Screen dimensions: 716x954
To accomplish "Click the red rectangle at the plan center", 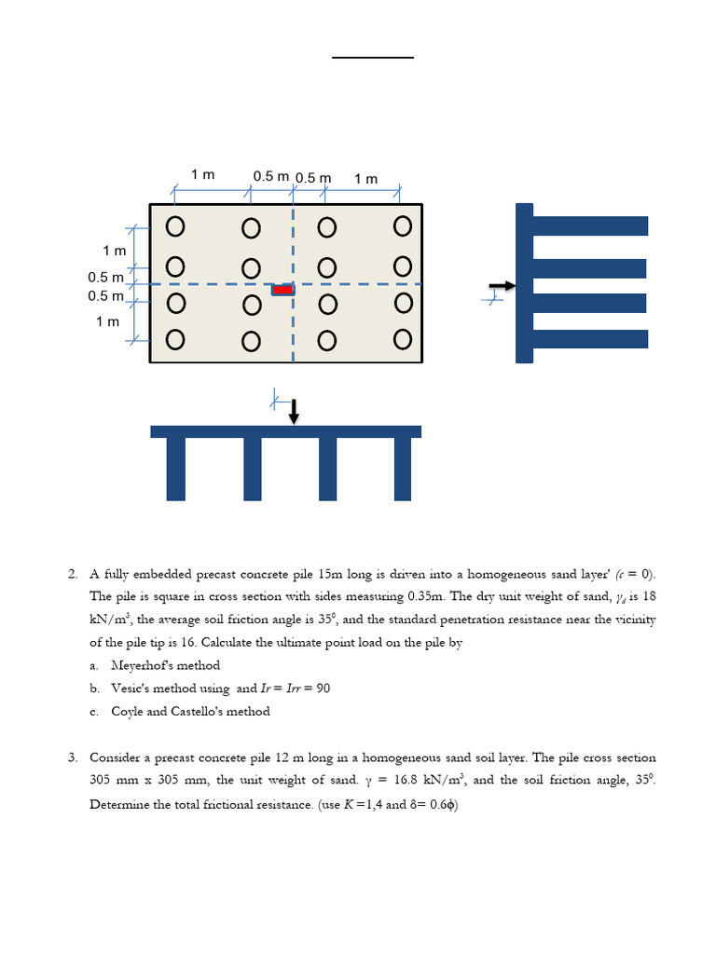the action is point(282,290).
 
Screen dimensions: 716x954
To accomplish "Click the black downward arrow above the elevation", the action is point(294,411).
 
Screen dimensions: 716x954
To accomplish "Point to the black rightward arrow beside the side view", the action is point(503,286).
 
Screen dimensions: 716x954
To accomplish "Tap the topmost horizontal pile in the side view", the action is point(590,225).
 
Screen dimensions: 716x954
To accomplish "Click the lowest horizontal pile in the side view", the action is point(590,339).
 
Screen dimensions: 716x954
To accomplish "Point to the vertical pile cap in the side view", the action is point(524,283).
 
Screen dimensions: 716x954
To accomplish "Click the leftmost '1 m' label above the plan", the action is point(202,174).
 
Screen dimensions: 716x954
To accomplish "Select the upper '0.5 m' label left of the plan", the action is point(105,278).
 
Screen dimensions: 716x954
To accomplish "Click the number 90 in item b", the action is point(324,688).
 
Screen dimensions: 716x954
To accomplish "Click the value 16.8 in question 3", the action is point(406,780).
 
